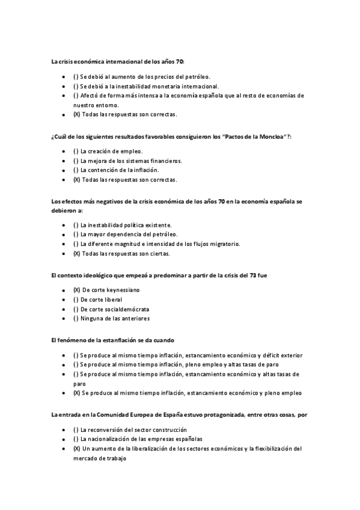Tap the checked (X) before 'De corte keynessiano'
click(x=76, y=290)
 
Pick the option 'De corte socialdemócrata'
click(x=115, y=309)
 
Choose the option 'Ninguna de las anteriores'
click(x=115, y=318)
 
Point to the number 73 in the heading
click(x=252, y=275)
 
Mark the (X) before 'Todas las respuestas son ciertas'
click(x=76, y=253)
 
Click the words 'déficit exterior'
click(x=282, y=355)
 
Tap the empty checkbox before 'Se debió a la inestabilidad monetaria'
click(x=76, y=86)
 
